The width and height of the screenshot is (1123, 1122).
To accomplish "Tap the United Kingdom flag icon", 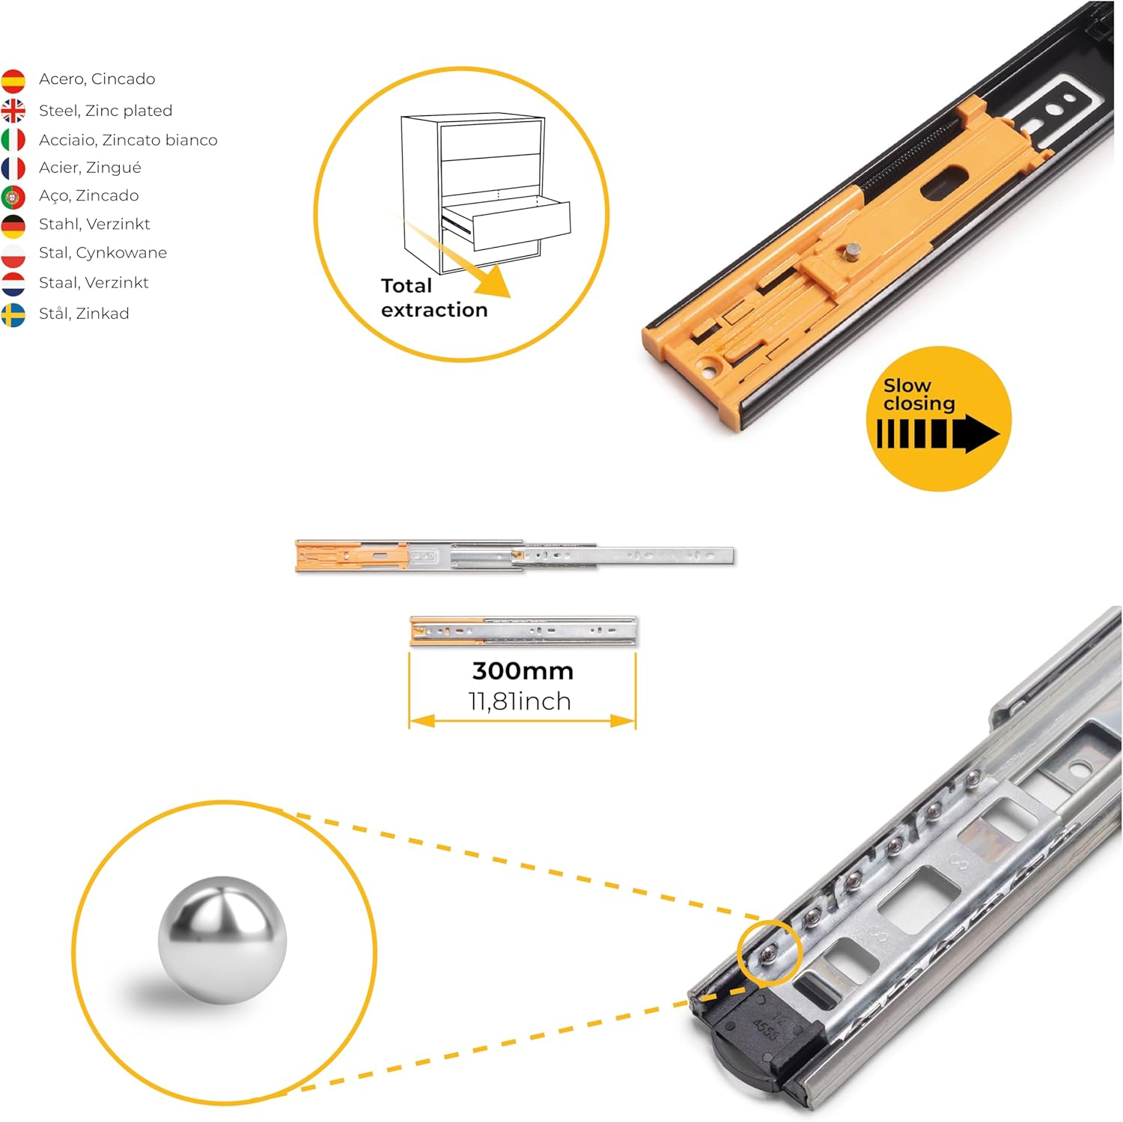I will (x=13, y=111).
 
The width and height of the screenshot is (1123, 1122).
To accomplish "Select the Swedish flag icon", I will (x=13, y=315).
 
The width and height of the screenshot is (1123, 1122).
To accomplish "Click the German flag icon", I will (x=13, y=225).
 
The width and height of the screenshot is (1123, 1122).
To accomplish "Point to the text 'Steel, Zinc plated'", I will (x=106, y=111).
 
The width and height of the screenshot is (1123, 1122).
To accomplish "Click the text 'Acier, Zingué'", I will (x=90, y=168).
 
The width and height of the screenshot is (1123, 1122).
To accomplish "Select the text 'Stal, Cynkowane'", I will (x=103, y=253).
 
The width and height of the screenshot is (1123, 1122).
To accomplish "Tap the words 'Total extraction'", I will (x=433, y=298).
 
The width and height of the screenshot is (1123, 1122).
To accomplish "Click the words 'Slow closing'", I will (x=919, y=394).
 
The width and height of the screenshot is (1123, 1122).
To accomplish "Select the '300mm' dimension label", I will (x=523, y=671).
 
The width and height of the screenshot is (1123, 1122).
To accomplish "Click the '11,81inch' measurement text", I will (x=520, y=701).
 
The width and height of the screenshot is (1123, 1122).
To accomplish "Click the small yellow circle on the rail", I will (x=769, y=952).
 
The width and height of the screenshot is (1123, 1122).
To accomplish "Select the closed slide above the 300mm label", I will (x=523, y=631).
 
